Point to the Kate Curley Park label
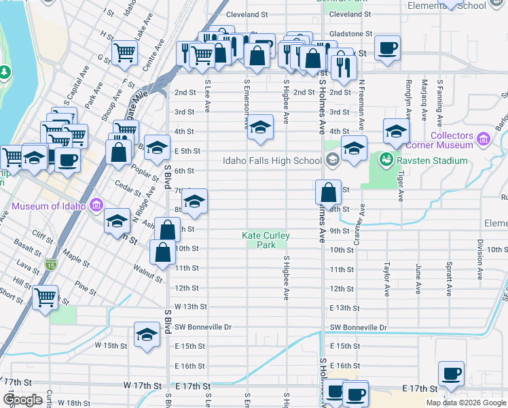click(x=266, y=240)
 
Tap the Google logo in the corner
click(x=22, y=400)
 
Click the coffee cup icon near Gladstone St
click(x=387, y=48)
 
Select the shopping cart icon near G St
click(x=124, y=52)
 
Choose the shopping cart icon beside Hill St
click(x=46, y=296)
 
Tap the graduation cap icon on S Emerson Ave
click(x=259, y=127)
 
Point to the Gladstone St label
click(x=350, y=33)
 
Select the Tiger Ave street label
click(x=401, y=186)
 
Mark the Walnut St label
click(x=147, y=275)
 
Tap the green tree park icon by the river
click(x=5, y=71)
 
